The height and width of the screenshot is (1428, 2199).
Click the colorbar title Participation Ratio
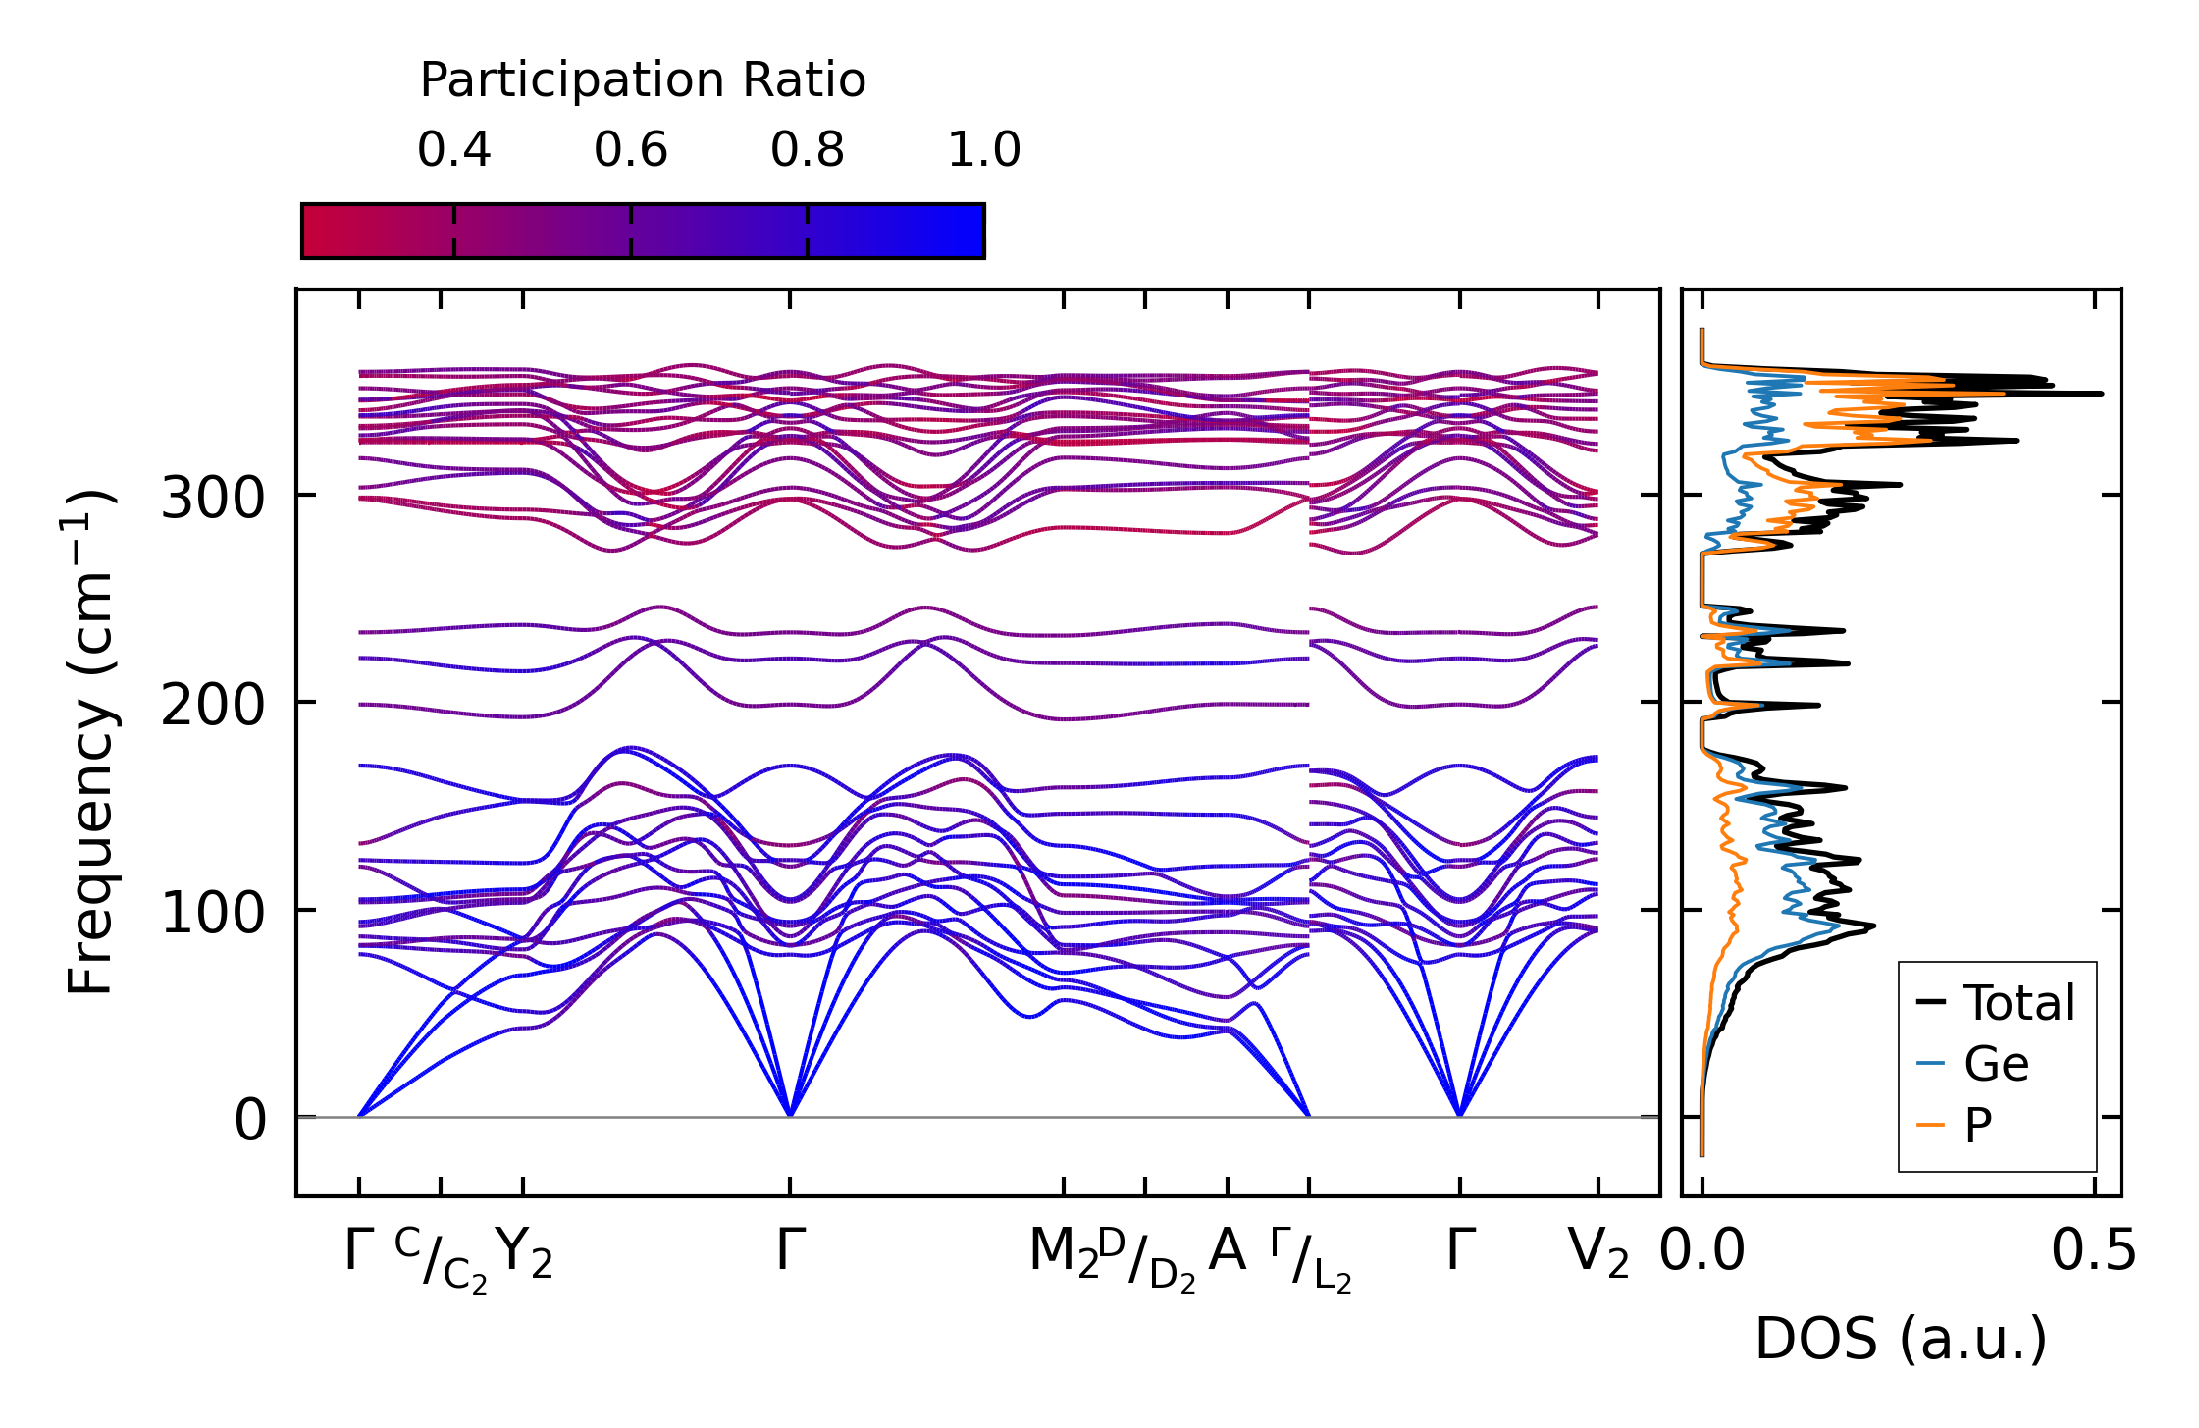click(x=643, y=80)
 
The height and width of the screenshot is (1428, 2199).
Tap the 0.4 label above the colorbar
click(x=453, y=150)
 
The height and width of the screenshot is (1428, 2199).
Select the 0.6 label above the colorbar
click(x=630, y=150)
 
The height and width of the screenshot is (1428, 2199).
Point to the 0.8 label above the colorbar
click(x=807, y=150)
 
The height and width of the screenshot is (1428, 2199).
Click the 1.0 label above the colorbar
click(x=983, y=150)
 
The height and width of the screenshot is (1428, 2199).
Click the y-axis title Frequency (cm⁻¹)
click(x=90, y=742)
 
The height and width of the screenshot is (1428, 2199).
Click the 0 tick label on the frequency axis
click(x=249, y=1121)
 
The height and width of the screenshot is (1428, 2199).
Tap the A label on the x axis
click(x=1227, y=1252)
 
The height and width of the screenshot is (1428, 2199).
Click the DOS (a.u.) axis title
click(x=1901, y=1340)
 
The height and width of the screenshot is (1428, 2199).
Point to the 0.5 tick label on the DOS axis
click(x=2094, y=1252)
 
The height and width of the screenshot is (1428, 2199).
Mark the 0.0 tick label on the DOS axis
click(x=1702, y=1252)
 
